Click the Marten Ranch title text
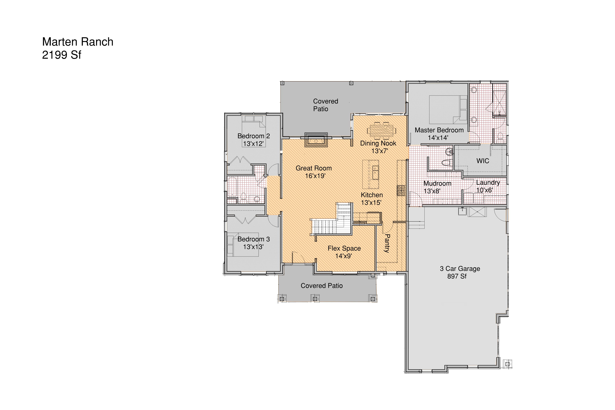pos(78,42)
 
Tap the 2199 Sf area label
pos(61,55)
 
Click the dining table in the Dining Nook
pos(381,131)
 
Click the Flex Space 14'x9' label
pos(344,252)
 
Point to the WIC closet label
pos(483,161)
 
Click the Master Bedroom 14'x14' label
pos(439,134)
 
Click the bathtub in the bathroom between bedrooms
pos(232,187)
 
